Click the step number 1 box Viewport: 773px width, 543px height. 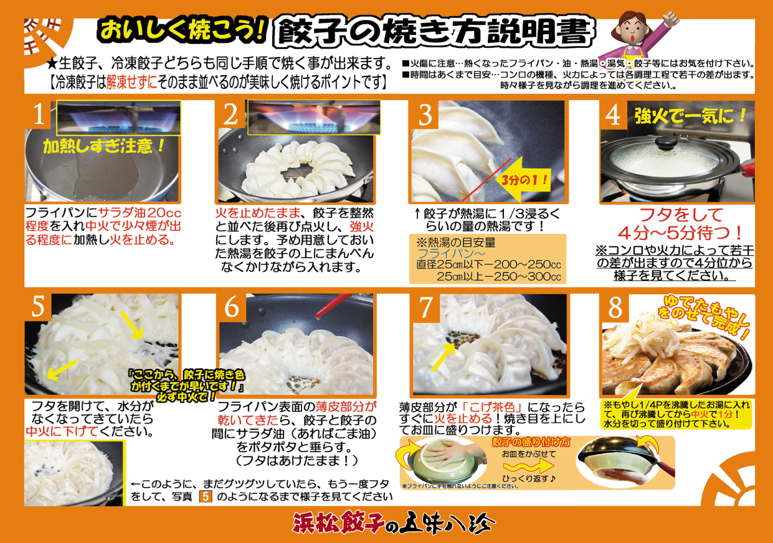(39, 115)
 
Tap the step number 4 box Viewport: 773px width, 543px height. (614, 115)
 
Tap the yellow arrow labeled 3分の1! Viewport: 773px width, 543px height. (526, 181)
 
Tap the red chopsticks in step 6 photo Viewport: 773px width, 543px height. (331, 307)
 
